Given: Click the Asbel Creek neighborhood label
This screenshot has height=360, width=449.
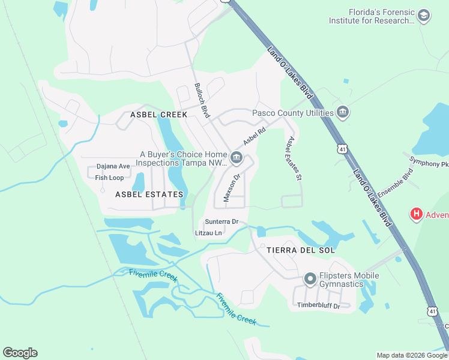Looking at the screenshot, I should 159,114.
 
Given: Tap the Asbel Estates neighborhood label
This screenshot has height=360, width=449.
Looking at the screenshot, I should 148,194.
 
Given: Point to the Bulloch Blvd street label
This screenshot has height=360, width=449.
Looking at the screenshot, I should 202,100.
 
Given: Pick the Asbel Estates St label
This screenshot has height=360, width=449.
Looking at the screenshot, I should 292,158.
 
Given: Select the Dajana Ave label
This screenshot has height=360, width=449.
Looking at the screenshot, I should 113,167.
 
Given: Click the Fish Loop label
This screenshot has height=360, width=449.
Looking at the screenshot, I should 109,178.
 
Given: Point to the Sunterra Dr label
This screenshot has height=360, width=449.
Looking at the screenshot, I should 221,221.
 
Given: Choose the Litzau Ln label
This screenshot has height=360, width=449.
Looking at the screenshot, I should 209,233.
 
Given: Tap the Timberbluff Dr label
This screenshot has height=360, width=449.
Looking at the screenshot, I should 319,306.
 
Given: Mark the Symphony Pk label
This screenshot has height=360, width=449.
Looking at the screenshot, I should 429,162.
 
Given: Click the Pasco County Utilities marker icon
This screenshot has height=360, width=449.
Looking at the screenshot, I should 343,112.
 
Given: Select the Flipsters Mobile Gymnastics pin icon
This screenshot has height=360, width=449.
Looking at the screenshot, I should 310,279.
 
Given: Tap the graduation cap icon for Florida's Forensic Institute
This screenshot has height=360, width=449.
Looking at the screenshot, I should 424,16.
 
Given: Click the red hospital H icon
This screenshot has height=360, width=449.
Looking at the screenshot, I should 415,214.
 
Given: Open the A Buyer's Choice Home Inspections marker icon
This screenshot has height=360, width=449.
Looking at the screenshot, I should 236,158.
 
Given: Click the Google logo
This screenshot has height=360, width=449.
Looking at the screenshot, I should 20,353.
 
